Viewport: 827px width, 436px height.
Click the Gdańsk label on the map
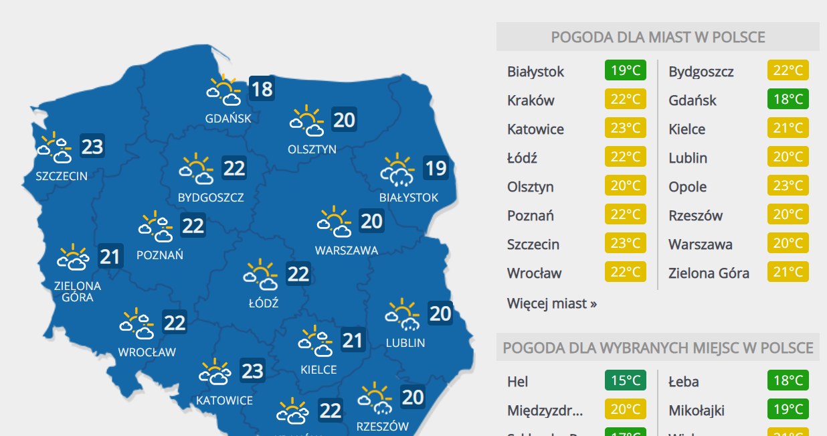(228, 119)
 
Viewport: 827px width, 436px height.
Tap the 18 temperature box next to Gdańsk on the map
(262, 89)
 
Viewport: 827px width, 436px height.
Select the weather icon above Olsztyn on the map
(306, 120)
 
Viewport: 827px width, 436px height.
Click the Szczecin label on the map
(62, 176)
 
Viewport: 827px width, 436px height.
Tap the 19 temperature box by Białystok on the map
(436, 167)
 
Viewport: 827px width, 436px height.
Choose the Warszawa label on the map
(347, 250)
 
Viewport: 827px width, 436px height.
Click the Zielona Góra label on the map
(78, 291)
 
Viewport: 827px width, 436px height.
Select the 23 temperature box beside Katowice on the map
(252, 370)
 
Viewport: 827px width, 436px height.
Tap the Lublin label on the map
(405, 343)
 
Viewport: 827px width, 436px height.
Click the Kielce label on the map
(318, 370)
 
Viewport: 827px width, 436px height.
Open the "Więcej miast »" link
(552, 303)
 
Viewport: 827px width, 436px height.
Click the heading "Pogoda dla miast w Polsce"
(658, 37)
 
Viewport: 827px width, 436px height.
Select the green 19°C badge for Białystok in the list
(626, 71)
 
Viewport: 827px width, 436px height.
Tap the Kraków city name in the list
(531, 100)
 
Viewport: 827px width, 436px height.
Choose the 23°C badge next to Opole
(788, 187)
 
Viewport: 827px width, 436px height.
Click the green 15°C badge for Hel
(626, 381)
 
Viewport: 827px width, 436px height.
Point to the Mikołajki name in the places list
(697, 410)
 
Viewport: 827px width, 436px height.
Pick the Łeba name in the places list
(684, 382)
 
